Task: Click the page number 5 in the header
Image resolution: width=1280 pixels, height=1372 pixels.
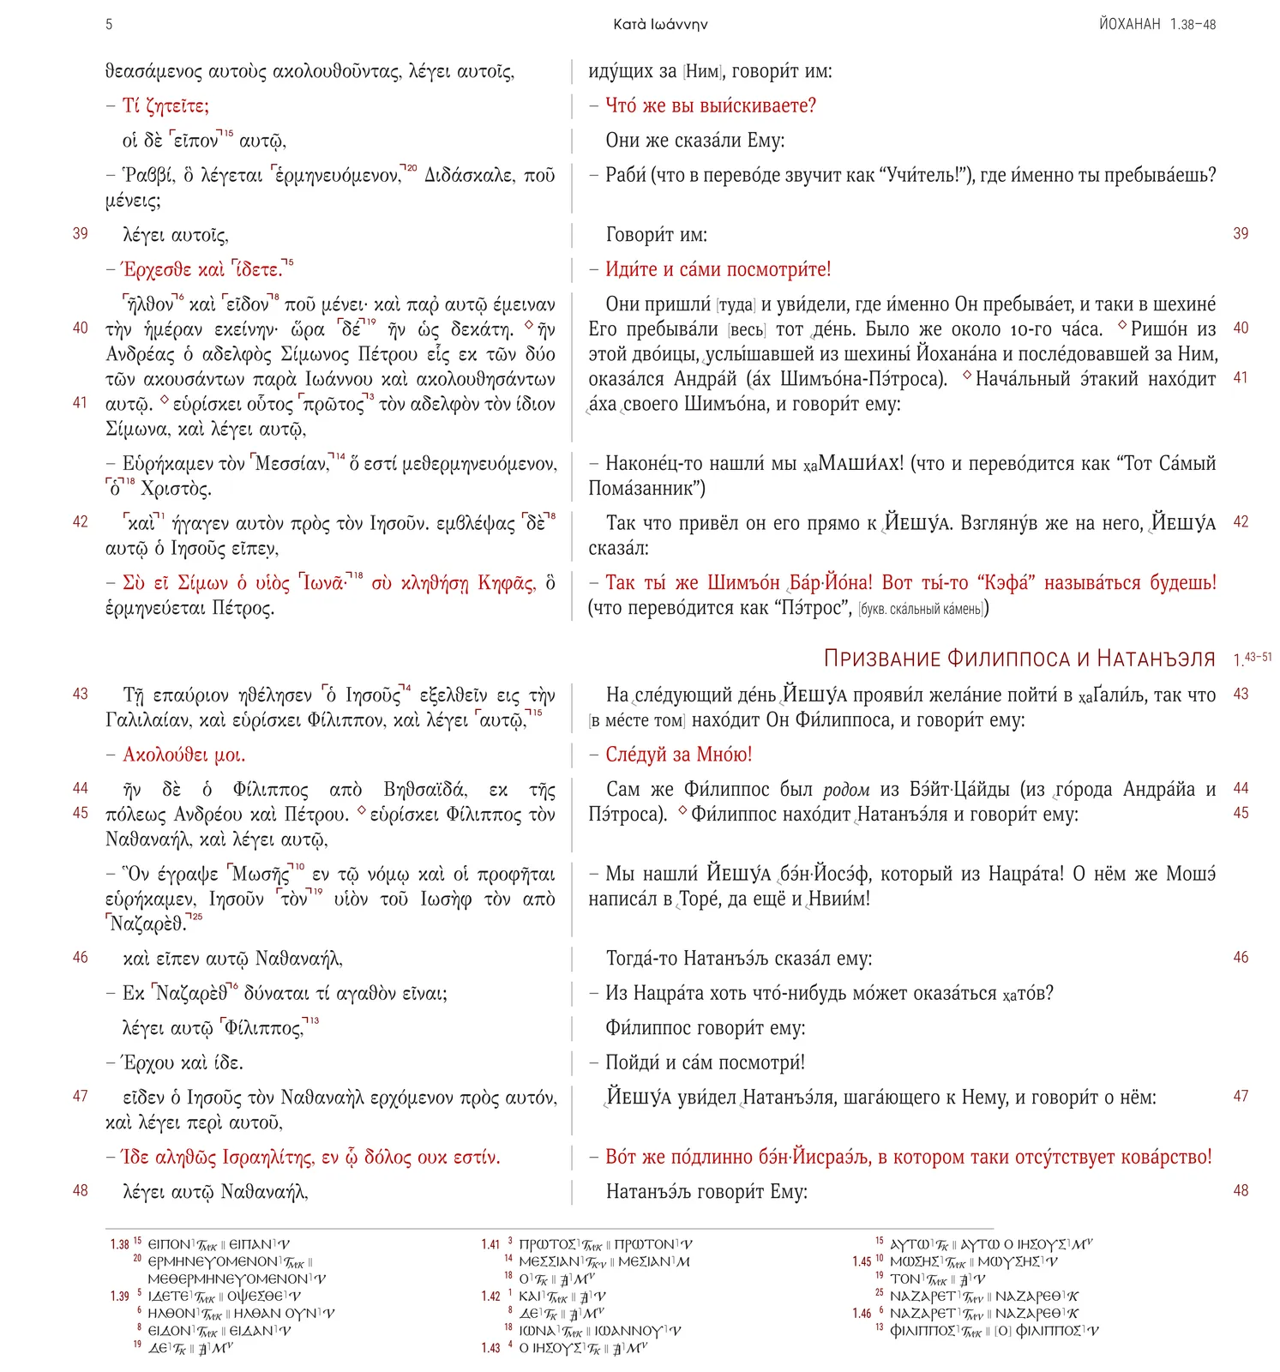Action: tap(109, 24)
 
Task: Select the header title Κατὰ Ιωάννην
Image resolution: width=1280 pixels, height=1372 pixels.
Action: tap(660, 24)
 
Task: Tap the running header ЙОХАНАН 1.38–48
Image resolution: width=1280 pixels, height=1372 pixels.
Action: tap(1157, 24)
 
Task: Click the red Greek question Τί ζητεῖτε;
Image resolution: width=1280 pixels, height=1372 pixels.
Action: tap(165, 106)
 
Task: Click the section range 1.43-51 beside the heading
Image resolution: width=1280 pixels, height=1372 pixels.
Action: tap(1252, 659)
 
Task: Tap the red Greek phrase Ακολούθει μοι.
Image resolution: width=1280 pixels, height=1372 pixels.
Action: tap(183, 755)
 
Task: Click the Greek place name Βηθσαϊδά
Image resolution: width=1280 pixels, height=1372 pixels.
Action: tap(424, 789)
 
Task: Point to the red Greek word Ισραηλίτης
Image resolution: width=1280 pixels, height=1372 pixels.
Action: tap(267, 1158)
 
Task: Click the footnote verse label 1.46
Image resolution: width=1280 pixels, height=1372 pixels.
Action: tap(862, 1313)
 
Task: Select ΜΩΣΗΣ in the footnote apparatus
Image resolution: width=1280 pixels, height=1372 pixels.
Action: tap(915, 1261)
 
